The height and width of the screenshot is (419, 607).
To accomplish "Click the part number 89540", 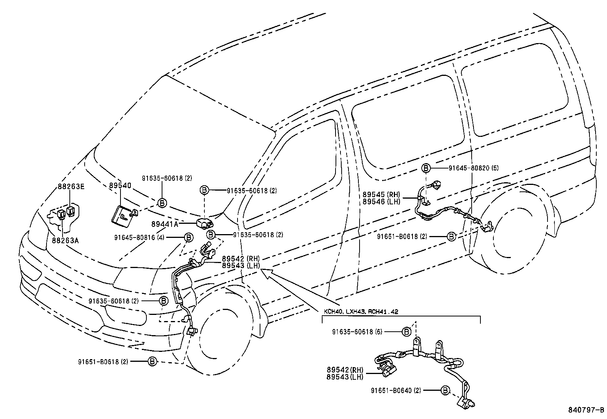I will (x=120, y=186).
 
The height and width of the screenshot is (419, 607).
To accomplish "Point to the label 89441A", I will (x=164, y=225).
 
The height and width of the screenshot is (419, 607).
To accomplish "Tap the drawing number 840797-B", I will (x=585, y=410).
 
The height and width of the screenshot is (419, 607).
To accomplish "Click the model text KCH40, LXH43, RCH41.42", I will (x=361, y=311).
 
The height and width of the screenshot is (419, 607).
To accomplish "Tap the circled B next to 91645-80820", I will (x=426, y=168).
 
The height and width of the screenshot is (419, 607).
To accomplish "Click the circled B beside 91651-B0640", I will (x=445, y=390).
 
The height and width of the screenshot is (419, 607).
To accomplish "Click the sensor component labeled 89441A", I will (x=205, y=223).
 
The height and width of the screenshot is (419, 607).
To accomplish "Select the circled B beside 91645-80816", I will (x=188, y=238).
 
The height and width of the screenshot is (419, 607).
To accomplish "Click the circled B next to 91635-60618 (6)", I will (x=406, y=332).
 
